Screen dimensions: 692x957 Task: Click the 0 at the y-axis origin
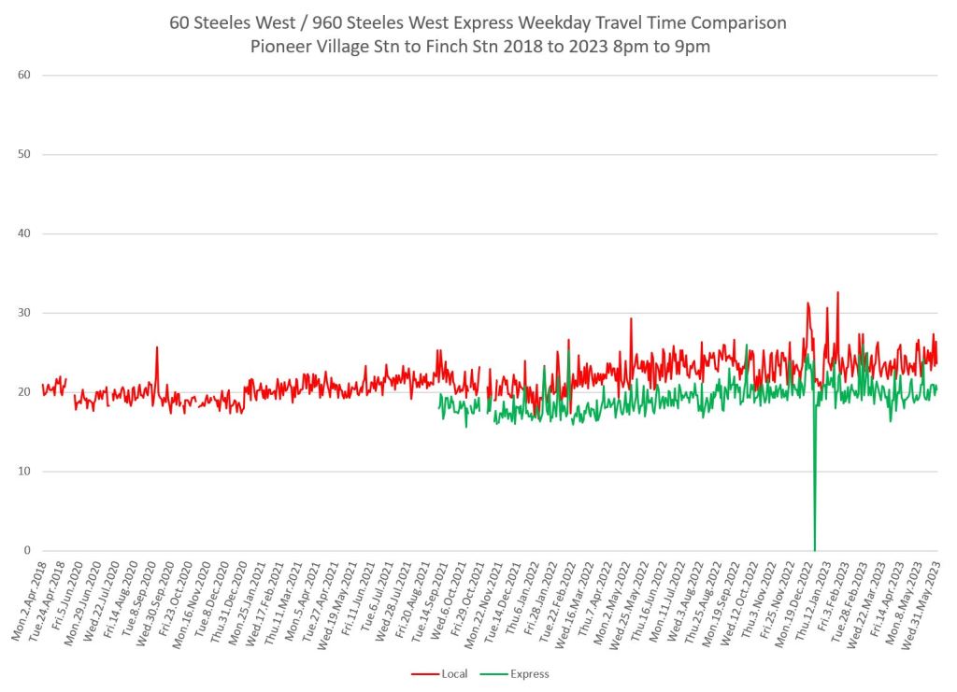pyautogui.click(x=27, y=551)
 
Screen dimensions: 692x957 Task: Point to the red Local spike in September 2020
pyautogui.click(x=157, y=348)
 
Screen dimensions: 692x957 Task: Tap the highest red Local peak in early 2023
pyautogui.click(x=837, y=293)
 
